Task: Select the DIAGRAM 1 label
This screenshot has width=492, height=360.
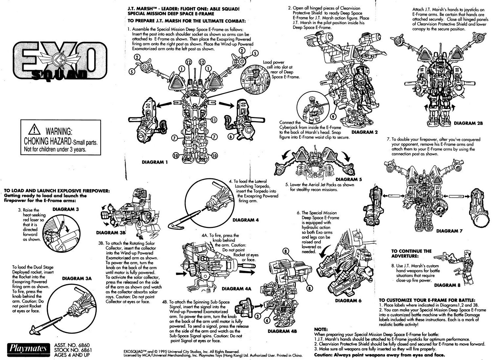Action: click(x=156, y=162)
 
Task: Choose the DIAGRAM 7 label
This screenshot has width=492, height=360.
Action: click(x=449, y=231)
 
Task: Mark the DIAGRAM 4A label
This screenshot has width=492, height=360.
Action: click(x=236, y=289)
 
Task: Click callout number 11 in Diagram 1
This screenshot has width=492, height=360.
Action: click(x=213, y=120)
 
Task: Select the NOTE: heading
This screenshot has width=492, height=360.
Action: click(x=321, y=329)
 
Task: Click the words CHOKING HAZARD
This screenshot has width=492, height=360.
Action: click(x=48, y=141)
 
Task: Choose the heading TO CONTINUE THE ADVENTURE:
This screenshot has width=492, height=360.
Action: click(x=411, y=253)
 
